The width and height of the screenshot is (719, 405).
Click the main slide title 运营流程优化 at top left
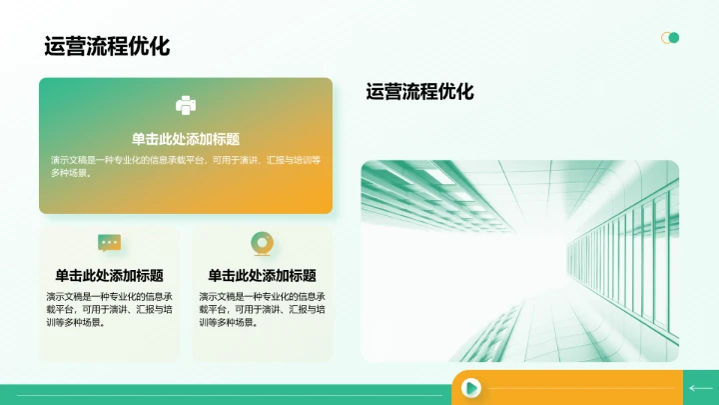pos(107,46)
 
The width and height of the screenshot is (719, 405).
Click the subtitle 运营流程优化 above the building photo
pos(419,92)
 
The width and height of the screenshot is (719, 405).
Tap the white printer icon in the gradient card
pos(186,105)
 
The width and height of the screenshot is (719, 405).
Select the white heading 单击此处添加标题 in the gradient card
pos(186,139)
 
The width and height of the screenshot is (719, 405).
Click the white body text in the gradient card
pos(186,166)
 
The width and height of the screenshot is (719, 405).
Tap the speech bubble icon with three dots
pos(109,242)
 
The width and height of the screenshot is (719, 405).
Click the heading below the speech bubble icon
pos(109,275)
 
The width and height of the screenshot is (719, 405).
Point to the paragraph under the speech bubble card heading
pos(109,309)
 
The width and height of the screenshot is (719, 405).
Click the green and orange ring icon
pos(262,242)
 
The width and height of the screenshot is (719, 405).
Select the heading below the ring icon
pos(262,275)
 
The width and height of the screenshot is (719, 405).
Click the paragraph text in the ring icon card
pos(262,309)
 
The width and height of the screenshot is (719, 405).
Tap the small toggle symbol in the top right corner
pos(670,38)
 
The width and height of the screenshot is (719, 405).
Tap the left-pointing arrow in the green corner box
pos(700,388)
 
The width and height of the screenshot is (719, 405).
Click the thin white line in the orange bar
pos(579,388)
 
